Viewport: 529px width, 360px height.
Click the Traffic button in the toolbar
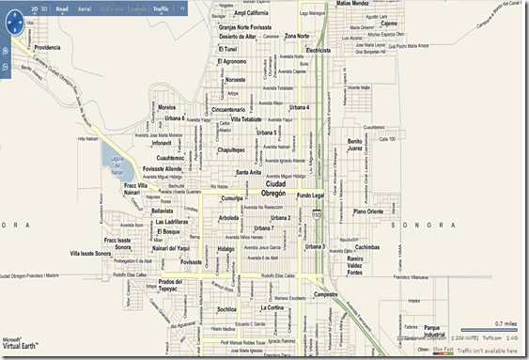pyautogui.click(x=161, y=8)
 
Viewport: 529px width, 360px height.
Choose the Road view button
pyautogui.click(x=62, y=8)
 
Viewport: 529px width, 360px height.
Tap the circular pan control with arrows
pyautogui.click(x=8, y=46)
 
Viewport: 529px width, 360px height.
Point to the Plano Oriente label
pyautogui.click(x=368, y=211)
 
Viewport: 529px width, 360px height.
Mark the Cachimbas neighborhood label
pyautogui.click(x=367, y=247)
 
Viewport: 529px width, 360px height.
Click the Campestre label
pyautogui.click(x=326, y=293)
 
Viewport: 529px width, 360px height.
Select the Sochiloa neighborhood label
pyautogui.click(x=226, y=308)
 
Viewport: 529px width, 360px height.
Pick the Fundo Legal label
pyautogui.click(x=310, y=196)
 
